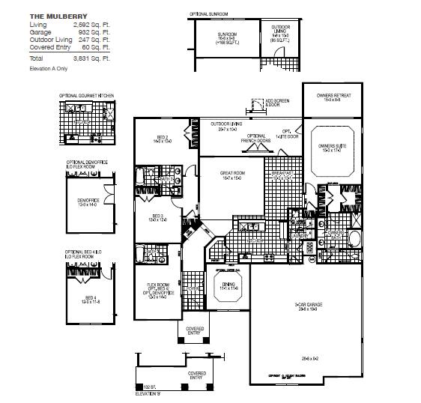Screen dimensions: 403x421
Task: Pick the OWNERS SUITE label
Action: tap(331, 145)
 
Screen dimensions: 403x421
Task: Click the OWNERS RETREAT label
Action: tap(333, 95)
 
